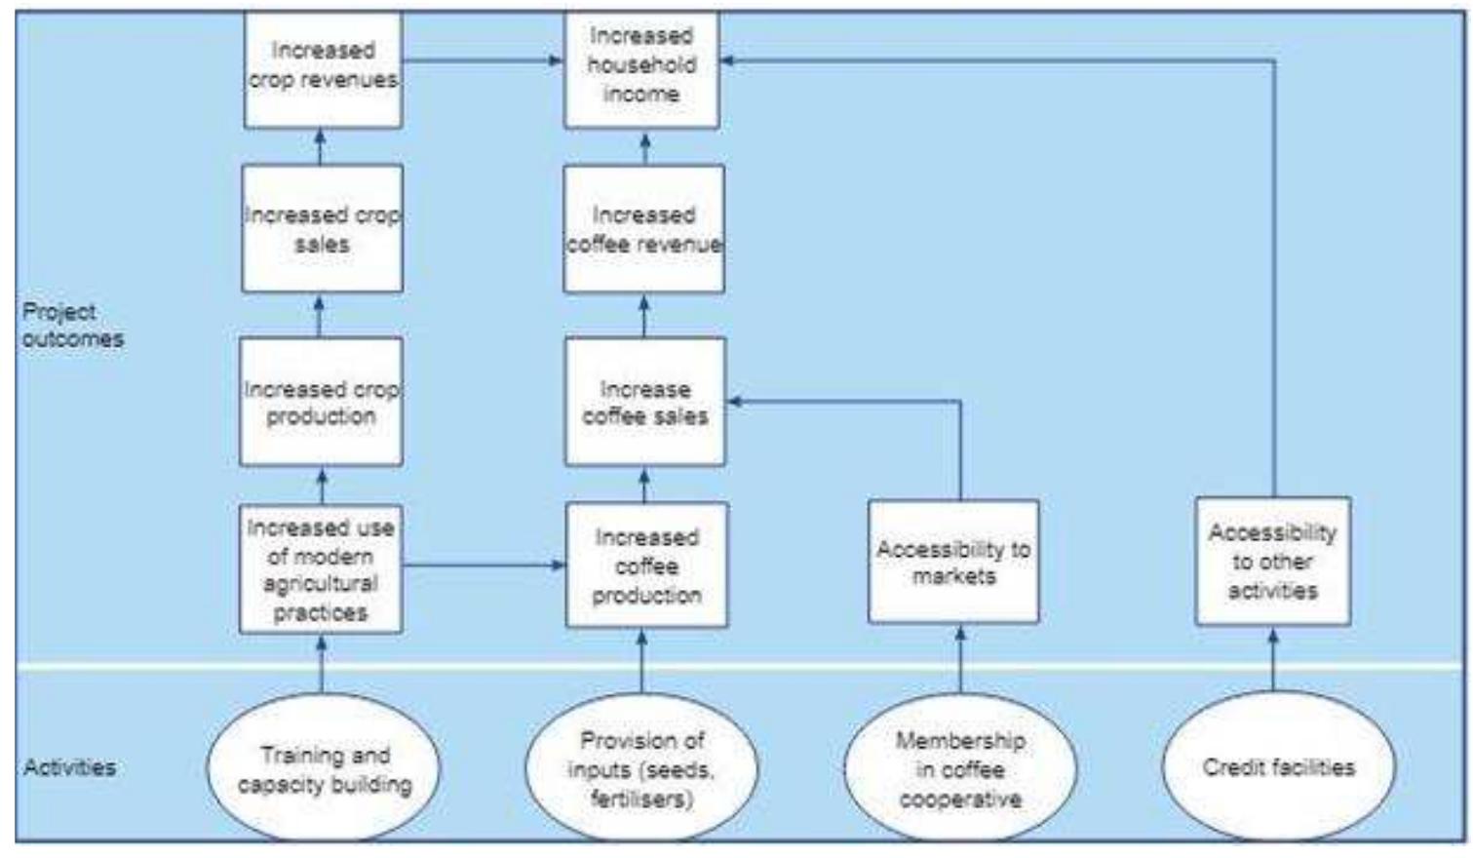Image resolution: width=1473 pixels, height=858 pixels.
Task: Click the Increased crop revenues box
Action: (x=323, y=68)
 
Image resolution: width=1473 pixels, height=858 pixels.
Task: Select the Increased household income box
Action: (x=641, y=68)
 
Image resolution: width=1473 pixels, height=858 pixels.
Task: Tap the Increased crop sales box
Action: (x=322, y=228)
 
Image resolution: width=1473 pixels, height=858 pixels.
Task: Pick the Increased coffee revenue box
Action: (x=643, y=228)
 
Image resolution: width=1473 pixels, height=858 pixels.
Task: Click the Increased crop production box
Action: (x=321, y=401)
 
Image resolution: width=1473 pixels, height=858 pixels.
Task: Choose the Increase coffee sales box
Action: (x=644, y=401)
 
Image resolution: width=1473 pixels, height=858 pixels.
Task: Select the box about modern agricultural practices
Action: (x=321, y=568)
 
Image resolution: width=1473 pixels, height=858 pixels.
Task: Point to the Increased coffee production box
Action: (x=646, y=565)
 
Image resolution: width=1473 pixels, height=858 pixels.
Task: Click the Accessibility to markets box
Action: (x=953, y=562)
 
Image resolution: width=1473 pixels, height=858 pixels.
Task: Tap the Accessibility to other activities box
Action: (x=1273, y=561)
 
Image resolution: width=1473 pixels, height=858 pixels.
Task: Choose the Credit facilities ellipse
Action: (x=1278, y=767)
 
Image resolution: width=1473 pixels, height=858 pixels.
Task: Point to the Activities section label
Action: (x=69, y=767)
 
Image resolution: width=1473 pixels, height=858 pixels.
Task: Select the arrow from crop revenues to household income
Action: (x=483, y=60)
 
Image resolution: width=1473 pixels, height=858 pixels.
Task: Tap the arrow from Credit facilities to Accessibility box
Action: (x=1273, y=659)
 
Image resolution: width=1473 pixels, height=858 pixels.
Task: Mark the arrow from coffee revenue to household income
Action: (x=644, y=147)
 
